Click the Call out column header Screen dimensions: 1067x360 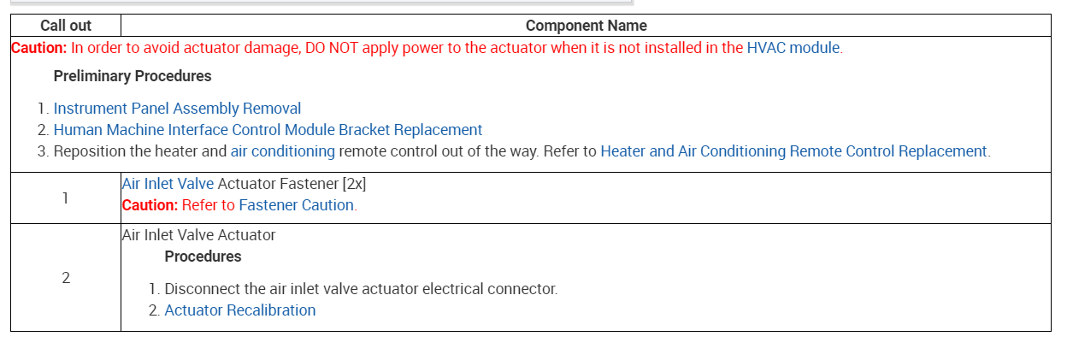click(x=66, y=26)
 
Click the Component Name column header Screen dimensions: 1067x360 click(x=586, y=26)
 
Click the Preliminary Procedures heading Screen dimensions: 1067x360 click(x=133, y=76)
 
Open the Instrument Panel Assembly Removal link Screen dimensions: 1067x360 click(x=177, y=109)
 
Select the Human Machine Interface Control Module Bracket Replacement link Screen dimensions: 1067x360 click(x=268, y=130)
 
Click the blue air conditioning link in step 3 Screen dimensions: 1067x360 click(x=282, y=151)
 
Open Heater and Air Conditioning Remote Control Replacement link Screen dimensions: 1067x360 click(x=794, y=151)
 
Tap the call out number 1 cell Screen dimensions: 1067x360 click(x=66, y=198)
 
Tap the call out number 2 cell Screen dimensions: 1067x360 click(x=66, y=278)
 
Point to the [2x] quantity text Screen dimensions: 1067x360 click(x=353, y=184)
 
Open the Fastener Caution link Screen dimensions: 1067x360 click(x=296, y=205)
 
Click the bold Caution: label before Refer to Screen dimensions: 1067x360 click(x=150, y=205)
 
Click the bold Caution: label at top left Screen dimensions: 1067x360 click(x=38, y=48)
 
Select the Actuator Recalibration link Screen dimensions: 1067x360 click(x=239, y=310)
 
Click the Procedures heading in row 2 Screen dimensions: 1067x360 click(x=203, y=257)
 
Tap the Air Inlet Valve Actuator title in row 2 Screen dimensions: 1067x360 click(x=198, y=235)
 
